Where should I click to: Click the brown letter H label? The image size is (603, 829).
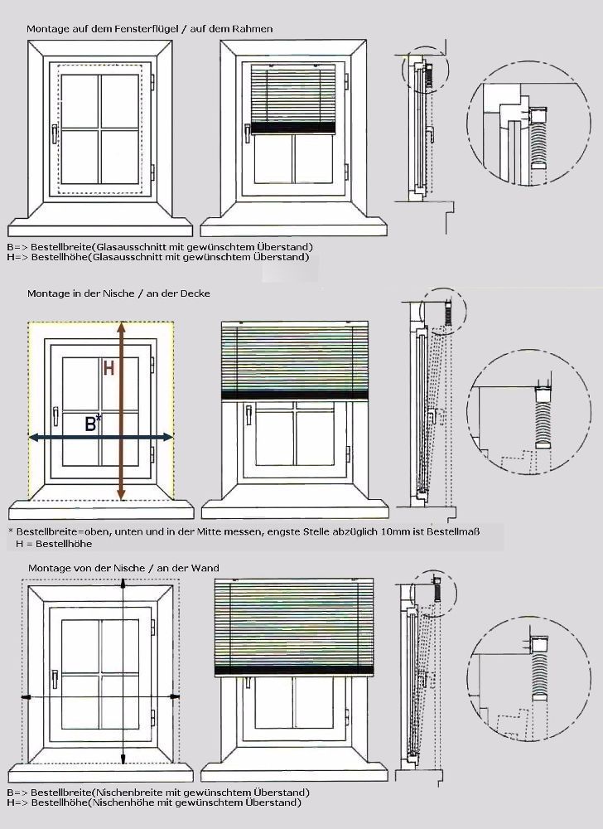[x=109, y=367]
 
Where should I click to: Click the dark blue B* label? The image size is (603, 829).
[x=93, y=423]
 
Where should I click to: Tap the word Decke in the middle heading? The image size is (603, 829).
[x=195, y=293]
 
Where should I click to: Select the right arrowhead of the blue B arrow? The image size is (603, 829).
[x=168, y=437]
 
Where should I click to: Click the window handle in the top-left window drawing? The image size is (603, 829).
[x=55, y=133]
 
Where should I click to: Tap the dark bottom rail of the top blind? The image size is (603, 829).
[x=293, y=128]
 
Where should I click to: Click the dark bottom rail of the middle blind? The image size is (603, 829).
[x=295, y=395]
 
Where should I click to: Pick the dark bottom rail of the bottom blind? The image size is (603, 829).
[x=294, y=671]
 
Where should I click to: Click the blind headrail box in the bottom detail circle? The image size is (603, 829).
[x=540, y=644]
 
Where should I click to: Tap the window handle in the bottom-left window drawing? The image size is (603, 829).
[x=54, y=680]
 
